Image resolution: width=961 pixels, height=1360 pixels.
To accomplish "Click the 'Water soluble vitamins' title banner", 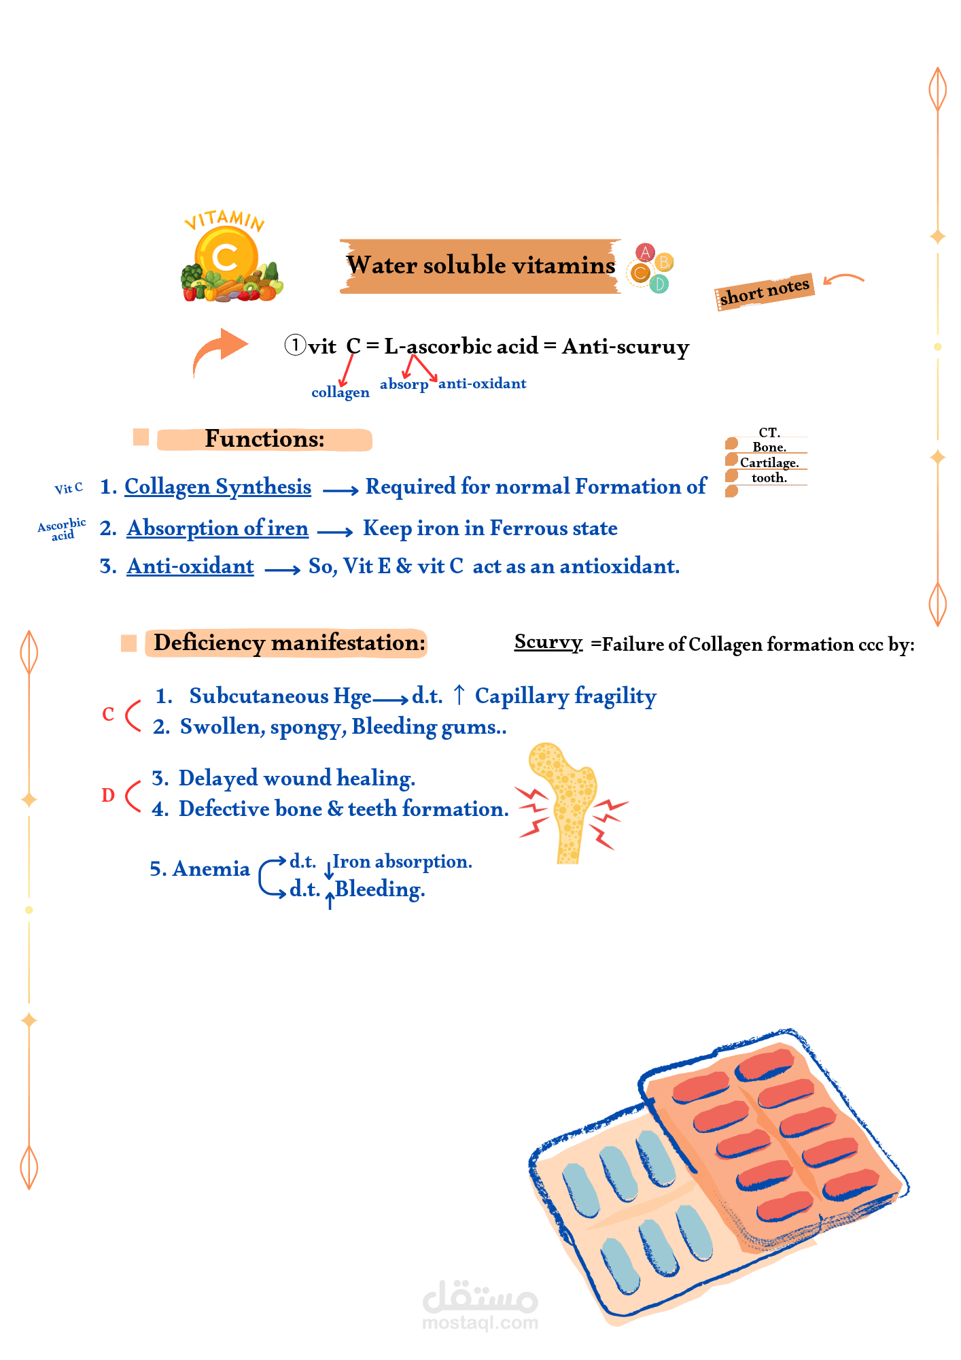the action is click(480, 266).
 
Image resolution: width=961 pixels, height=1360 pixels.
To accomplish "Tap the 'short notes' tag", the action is click(765, 291).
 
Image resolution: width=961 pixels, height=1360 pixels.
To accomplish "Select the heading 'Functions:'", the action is click(264, 439).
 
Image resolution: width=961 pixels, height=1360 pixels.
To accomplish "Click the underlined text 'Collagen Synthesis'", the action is click(217, 488).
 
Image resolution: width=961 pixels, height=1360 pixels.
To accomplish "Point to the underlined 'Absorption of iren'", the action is click(217, 529).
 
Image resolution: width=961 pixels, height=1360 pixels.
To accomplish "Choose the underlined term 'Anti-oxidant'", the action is click(190, 566).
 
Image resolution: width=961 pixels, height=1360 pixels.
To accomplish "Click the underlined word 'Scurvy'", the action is click(548, 643).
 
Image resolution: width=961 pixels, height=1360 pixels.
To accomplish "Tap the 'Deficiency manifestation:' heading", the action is click(290, 643).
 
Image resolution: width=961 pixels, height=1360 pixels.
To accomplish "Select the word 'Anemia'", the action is click(211, 869).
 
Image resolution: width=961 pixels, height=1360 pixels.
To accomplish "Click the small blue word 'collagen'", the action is click(340, 392).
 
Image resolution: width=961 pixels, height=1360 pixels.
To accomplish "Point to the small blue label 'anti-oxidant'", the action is click(482, 384).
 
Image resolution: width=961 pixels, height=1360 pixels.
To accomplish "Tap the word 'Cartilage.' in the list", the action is click(769, 462).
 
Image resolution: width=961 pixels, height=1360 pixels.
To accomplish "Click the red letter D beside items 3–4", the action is click(108, 795).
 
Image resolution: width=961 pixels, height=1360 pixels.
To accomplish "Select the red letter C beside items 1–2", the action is click(108, 715).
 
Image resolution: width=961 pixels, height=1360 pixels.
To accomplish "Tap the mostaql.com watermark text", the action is click(480, 1323).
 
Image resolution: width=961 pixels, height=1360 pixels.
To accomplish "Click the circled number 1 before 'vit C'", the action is click(295, 345).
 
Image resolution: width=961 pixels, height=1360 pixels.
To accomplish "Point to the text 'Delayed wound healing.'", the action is click(297, 779).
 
